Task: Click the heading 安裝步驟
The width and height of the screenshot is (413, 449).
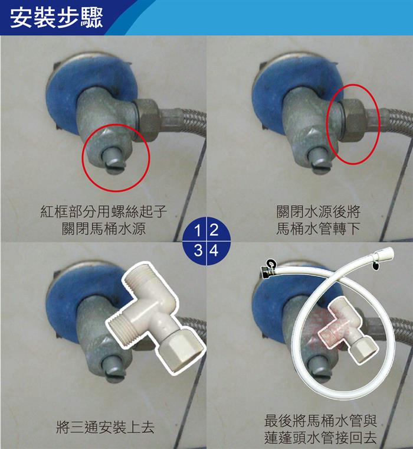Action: (56, 18)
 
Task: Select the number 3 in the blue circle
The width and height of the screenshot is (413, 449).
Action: (198, 250)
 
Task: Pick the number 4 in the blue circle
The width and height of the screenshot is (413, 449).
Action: (214, 250)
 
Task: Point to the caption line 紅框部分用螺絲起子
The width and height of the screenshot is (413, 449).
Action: (103, 212)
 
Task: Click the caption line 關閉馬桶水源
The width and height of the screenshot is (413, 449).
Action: (104, 229)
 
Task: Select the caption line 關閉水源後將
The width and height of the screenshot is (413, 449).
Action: (318, 212)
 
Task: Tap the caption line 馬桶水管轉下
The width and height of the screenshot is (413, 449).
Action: (318, 229)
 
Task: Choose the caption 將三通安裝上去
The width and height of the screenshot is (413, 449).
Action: (105, 427)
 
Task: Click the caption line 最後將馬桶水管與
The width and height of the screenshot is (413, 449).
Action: (320, 421)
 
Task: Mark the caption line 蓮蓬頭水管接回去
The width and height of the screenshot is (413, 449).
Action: (320, 437)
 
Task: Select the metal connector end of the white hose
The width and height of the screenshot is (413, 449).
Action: (268, 270)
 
